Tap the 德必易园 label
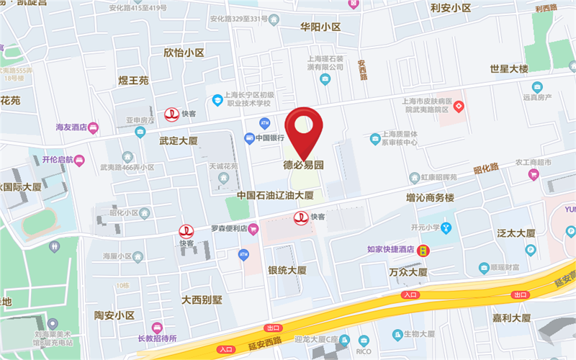(302, 165)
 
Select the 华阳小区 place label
(320, 27)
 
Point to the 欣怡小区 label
(184, 53)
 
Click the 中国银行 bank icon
(249, 138)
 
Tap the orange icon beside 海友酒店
(93, 127)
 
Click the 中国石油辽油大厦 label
(276, 195)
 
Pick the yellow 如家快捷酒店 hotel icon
(426, 250)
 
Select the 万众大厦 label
(408, 272)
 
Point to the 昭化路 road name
(486, 170)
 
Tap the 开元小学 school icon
(446, 228)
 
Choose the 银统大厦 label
(287, 271)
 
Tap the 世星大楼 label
(509, 69)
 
